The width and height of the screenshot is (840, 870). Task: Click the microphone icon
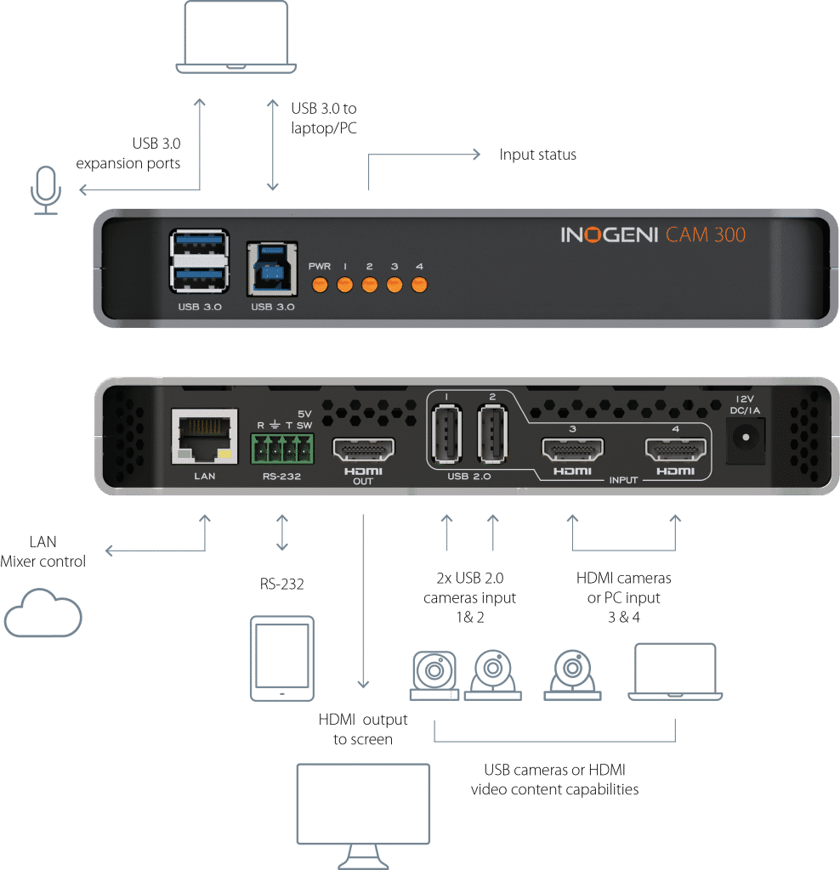[45, 188]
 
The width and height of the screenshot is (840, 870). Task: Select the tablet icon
[281, 658]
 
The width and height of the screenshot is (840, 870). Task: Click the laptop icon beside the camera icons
[675, 672]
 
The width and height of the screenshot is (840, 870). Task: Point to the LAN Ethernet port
[204, 437]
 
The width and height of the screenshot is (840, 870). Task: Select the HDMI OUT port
[363, 449]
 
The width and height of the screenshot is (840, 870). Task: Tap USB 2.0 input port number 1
[445, 433]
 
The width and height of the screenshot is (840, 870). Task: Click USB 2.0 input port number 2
[492, 433]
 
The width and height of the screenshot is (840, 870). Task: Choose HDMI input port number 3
[572, 449]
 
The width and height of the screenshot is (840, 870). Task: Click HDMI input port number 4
[676, 449]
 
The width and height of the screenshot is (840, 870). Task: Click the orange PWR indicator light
[320, 284]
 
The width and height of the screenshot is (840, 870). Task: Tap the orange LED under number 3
[394, 284]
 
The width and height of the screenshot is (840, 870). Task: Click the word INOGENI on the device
[610, 234]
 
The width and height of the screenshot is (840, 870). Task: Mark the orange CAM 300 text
[706, 234]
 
